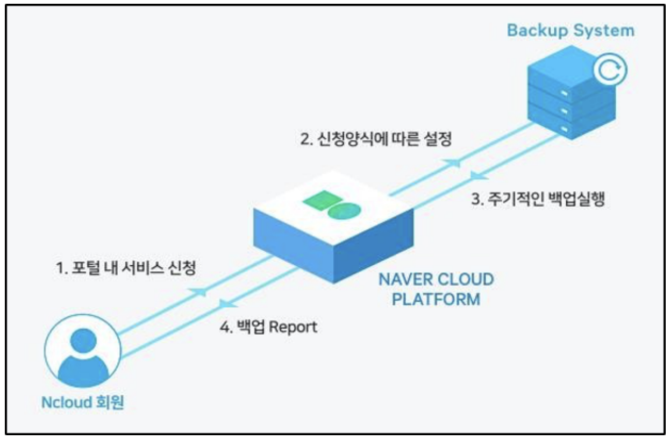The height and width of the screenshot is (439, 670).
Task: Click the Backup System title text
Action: point(571,30)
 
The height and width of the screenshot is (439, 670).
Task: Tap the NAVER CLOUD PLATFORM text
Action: point(436,289)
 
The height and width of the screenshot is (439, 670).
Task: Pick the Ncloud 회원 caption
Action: point(82,402)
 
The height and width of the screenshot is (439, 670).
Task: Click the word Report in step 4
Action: point(293,327)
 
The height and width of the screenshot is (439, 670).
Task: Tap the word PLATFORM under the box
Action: point(436,299)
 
